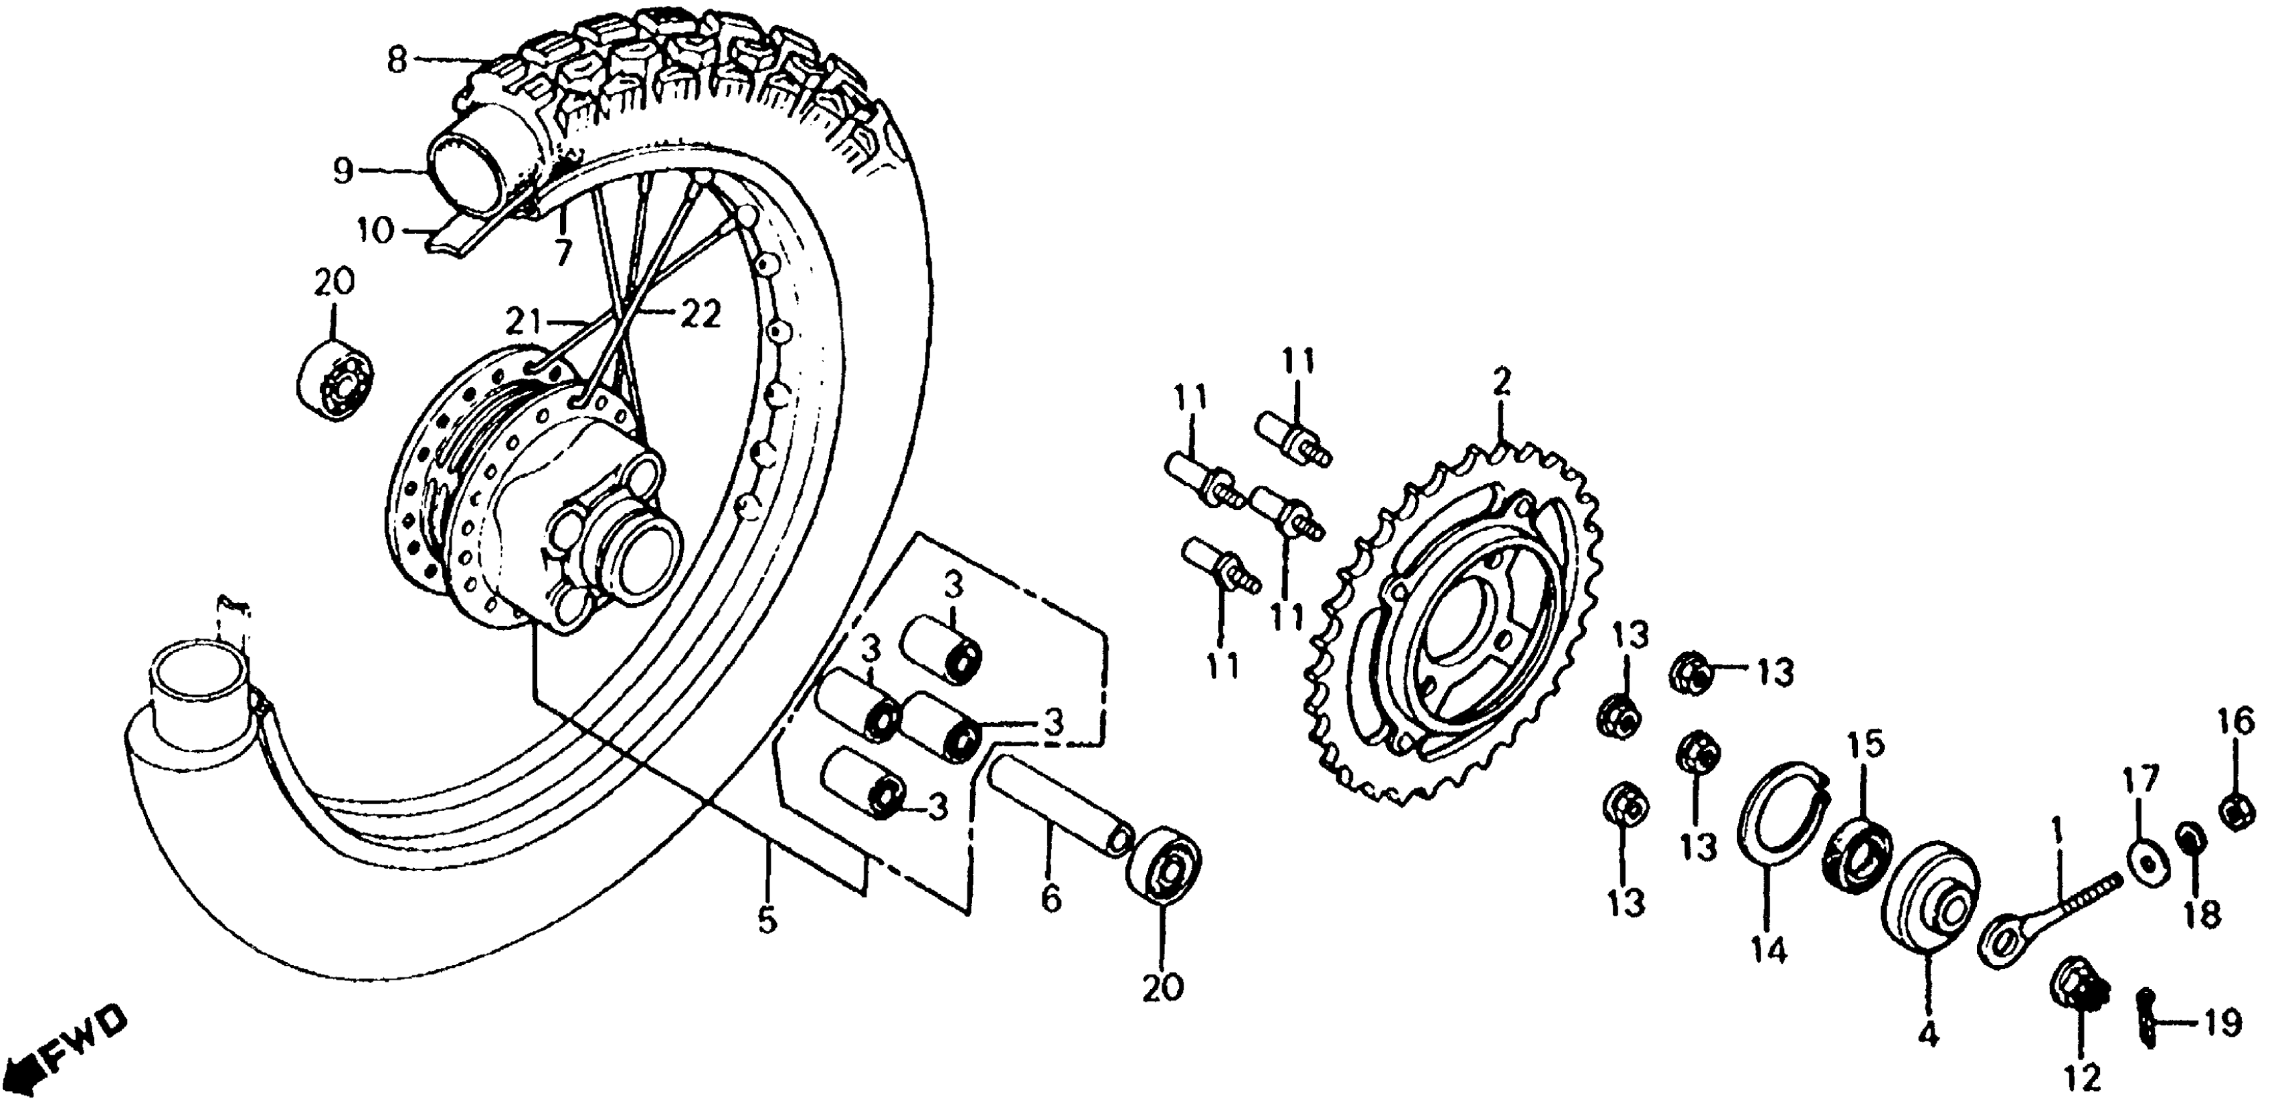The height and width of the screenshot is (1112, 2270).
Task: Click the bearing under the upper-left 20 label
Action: pos(334,383)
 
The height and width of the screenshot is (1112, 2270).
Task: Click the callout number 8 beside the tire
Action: pos(398,60)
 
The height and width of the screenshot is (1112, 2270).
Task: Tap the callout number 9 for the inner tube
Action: pos(343,170)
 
